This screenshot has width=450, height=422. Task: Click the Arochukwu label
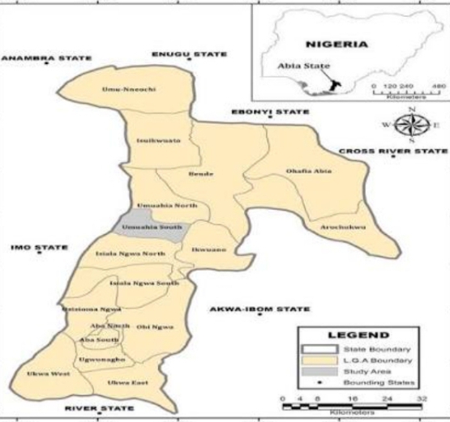344,227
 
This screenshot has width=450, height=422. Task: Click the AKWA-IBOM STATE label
259,309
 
